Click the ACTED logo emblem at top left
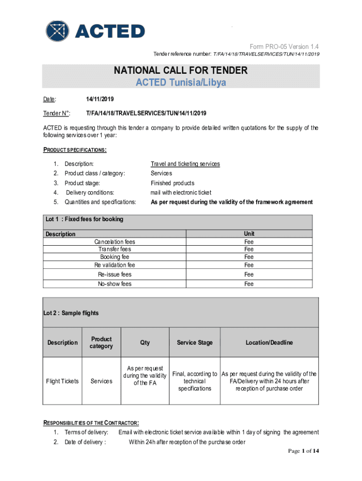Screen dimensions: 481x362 pyautogui.click(x=57, y=32)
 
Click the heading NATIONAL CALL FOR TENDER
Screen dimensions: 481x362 pyautogui.click(x=181, y=71)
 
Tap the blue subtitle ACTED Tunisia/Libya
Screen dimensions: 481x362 pyautogui.click(x=181, y=83)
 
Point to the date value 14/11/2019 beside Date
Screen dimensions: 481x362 pyautogui.click(x=100, y=100)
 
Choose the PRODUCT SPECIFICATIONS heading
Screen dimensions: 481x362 pyautogui.click(x=75, y=150)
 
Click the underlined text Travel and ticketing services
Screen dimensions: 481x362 pyautogui.click(x=185, y=164)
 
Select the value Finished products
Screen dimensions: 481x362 pyautogui.click(x=172, y=183)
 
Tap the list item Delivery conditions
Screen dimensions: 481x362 pyautogui.click(x=90, y=193)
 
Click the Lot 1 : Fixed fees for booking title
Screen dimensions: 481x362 pyautogui.click(x=84, y=219)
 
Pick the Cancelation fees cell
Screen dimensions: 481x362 pyautogui.click(x=115, y=242)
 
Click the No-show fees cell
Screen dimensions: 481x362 pyautogui.click(x=115, y=284)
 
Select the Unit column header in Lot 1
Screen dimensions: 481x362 pyautogui.click(x=249, y=233)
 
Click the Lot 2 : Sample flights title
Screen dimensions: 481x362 pyautogui.click(x=71, y=313)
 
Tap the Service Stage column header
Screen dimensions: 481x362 pyautogui.click(x=195, y=342)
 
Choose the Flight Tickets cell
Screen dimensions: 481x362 pyautogui.click(x=63, y=381)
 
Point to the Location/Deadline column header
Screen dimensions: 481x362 pyautogui.click(x=269, y=342)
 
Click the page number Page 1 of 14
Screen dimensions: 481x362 pyautogui.click(x=304, y=451)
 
